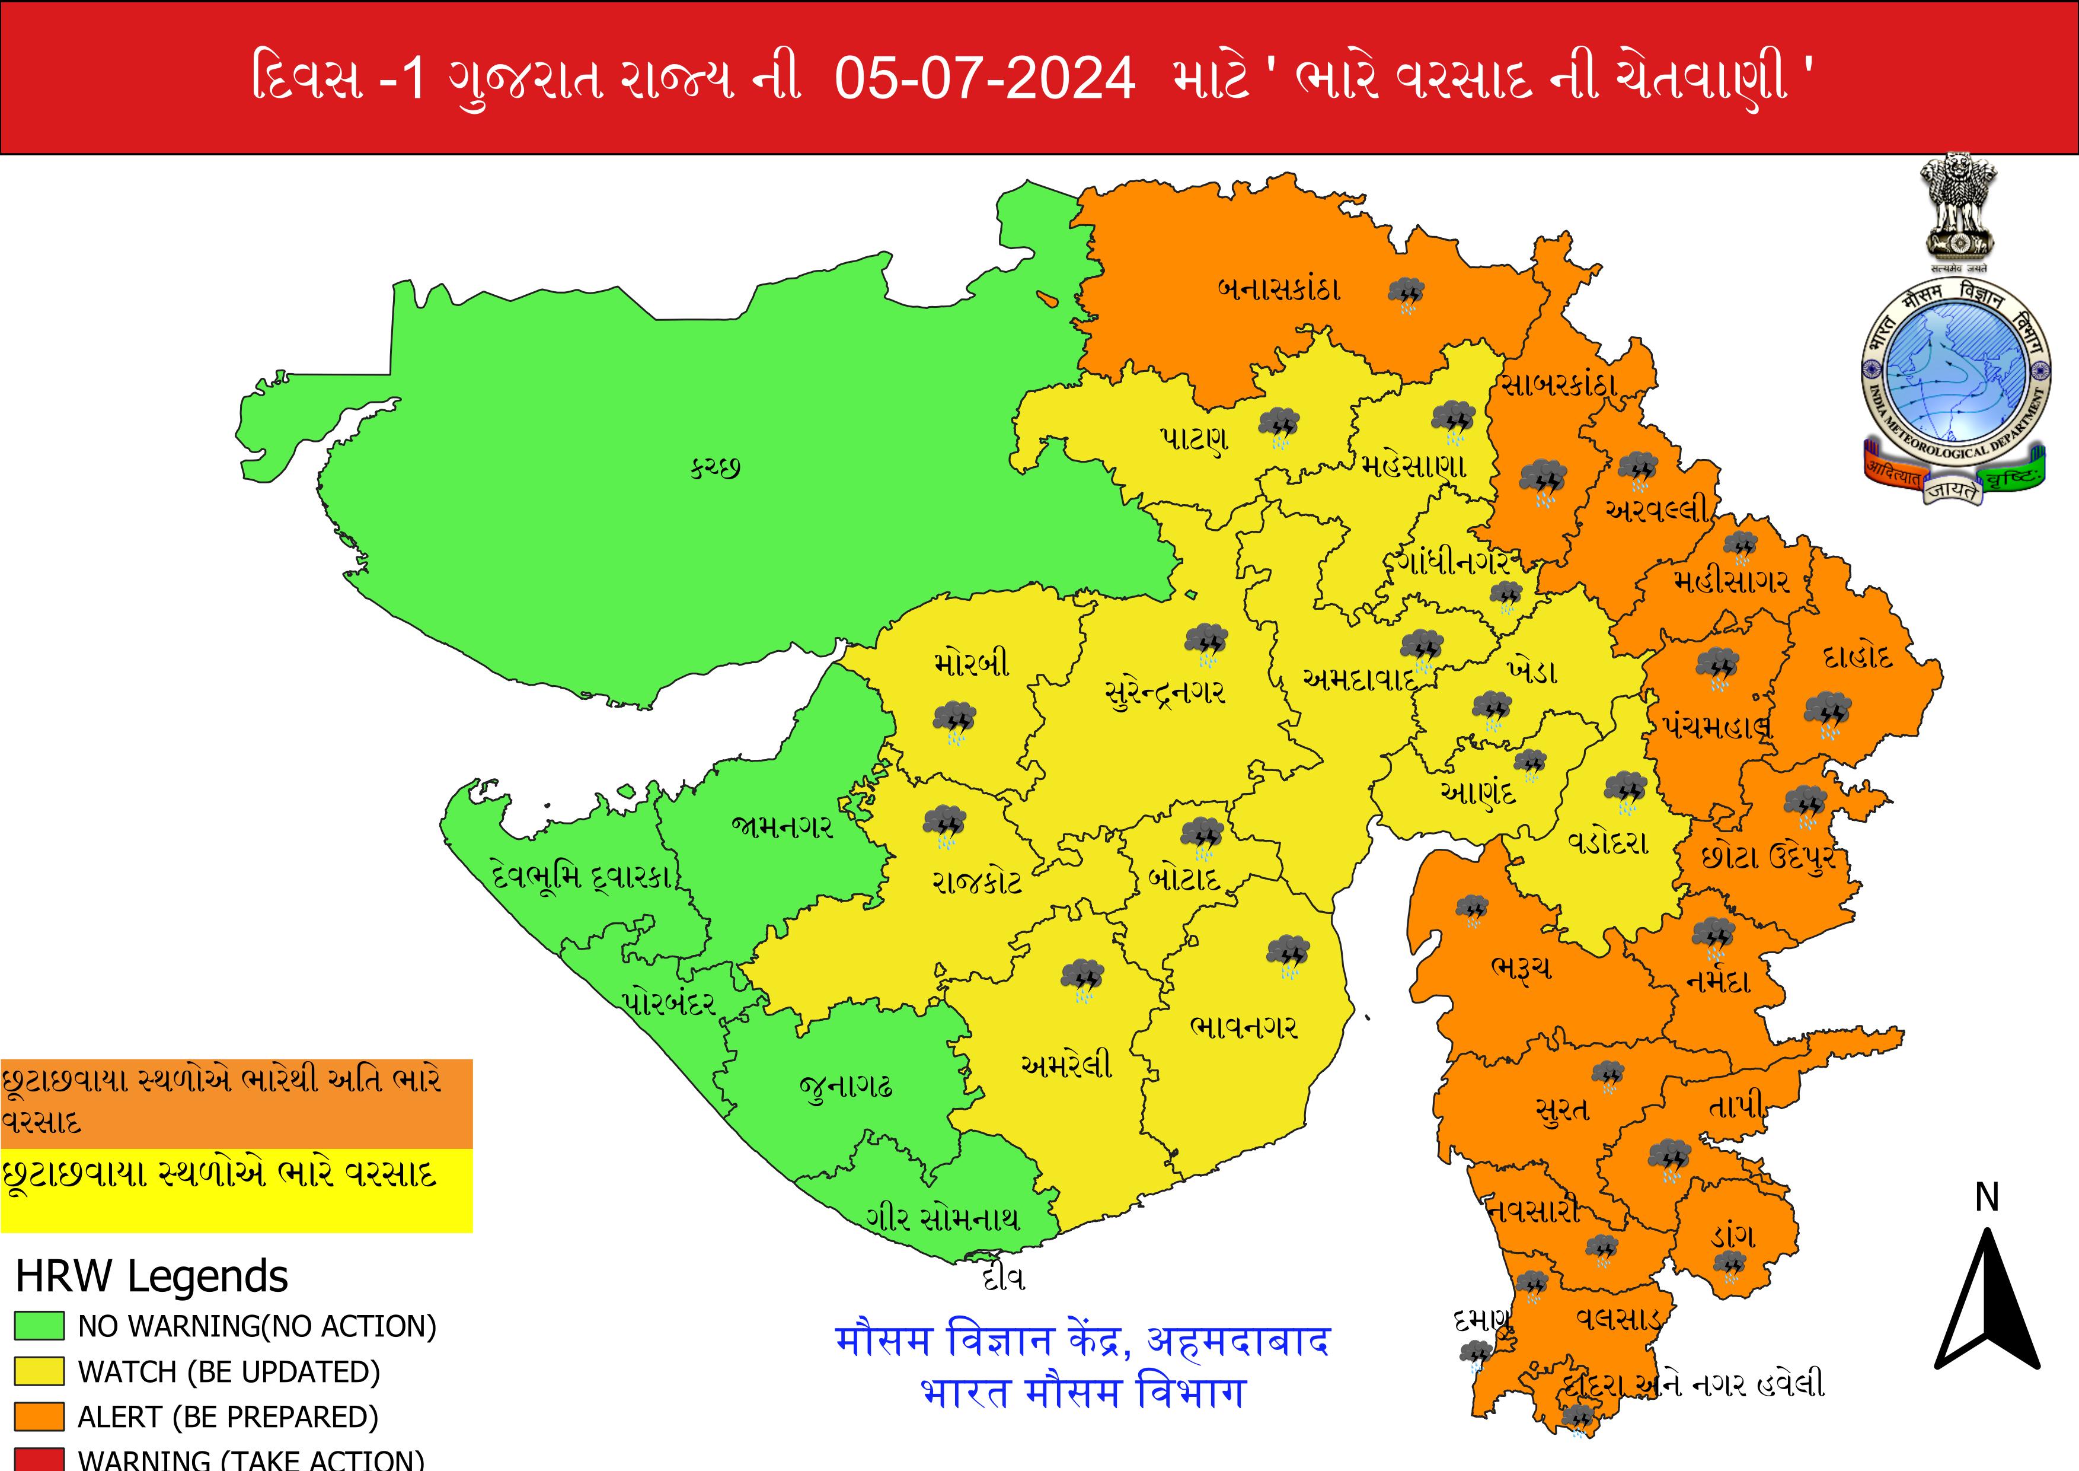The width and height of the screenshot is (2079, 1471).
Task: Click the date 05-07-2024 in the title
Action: [984, 78]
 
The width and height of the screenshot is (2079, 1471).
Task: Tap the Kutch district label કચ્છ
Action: [716, 469]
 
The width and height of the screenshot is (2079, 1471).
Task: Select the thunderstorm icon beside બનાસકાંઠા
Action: [1406, 294]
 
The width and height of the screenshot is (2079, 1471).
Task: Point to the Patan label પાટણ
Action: [1193, 440]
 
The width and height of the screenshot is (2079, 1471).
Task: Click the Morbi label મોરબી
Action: [972, 664]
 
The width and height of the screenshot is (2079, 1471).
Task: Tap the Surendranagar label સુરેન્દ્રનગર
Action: [1165, 693]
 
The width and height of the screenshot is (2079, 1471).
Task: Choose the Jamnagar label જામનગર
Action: [783, 826]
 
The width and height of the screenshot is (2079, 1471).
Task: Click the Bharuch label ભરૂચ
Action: [1521, 968]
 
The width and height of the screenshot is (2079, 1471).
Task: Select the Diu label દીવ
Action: [1003, 1279]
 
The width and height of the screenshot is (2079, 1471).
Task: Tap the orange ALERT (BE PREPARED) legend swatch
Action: [39, 1416]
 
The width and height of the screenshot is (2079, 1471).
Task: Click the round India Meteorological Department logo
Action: [1955, 371]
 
